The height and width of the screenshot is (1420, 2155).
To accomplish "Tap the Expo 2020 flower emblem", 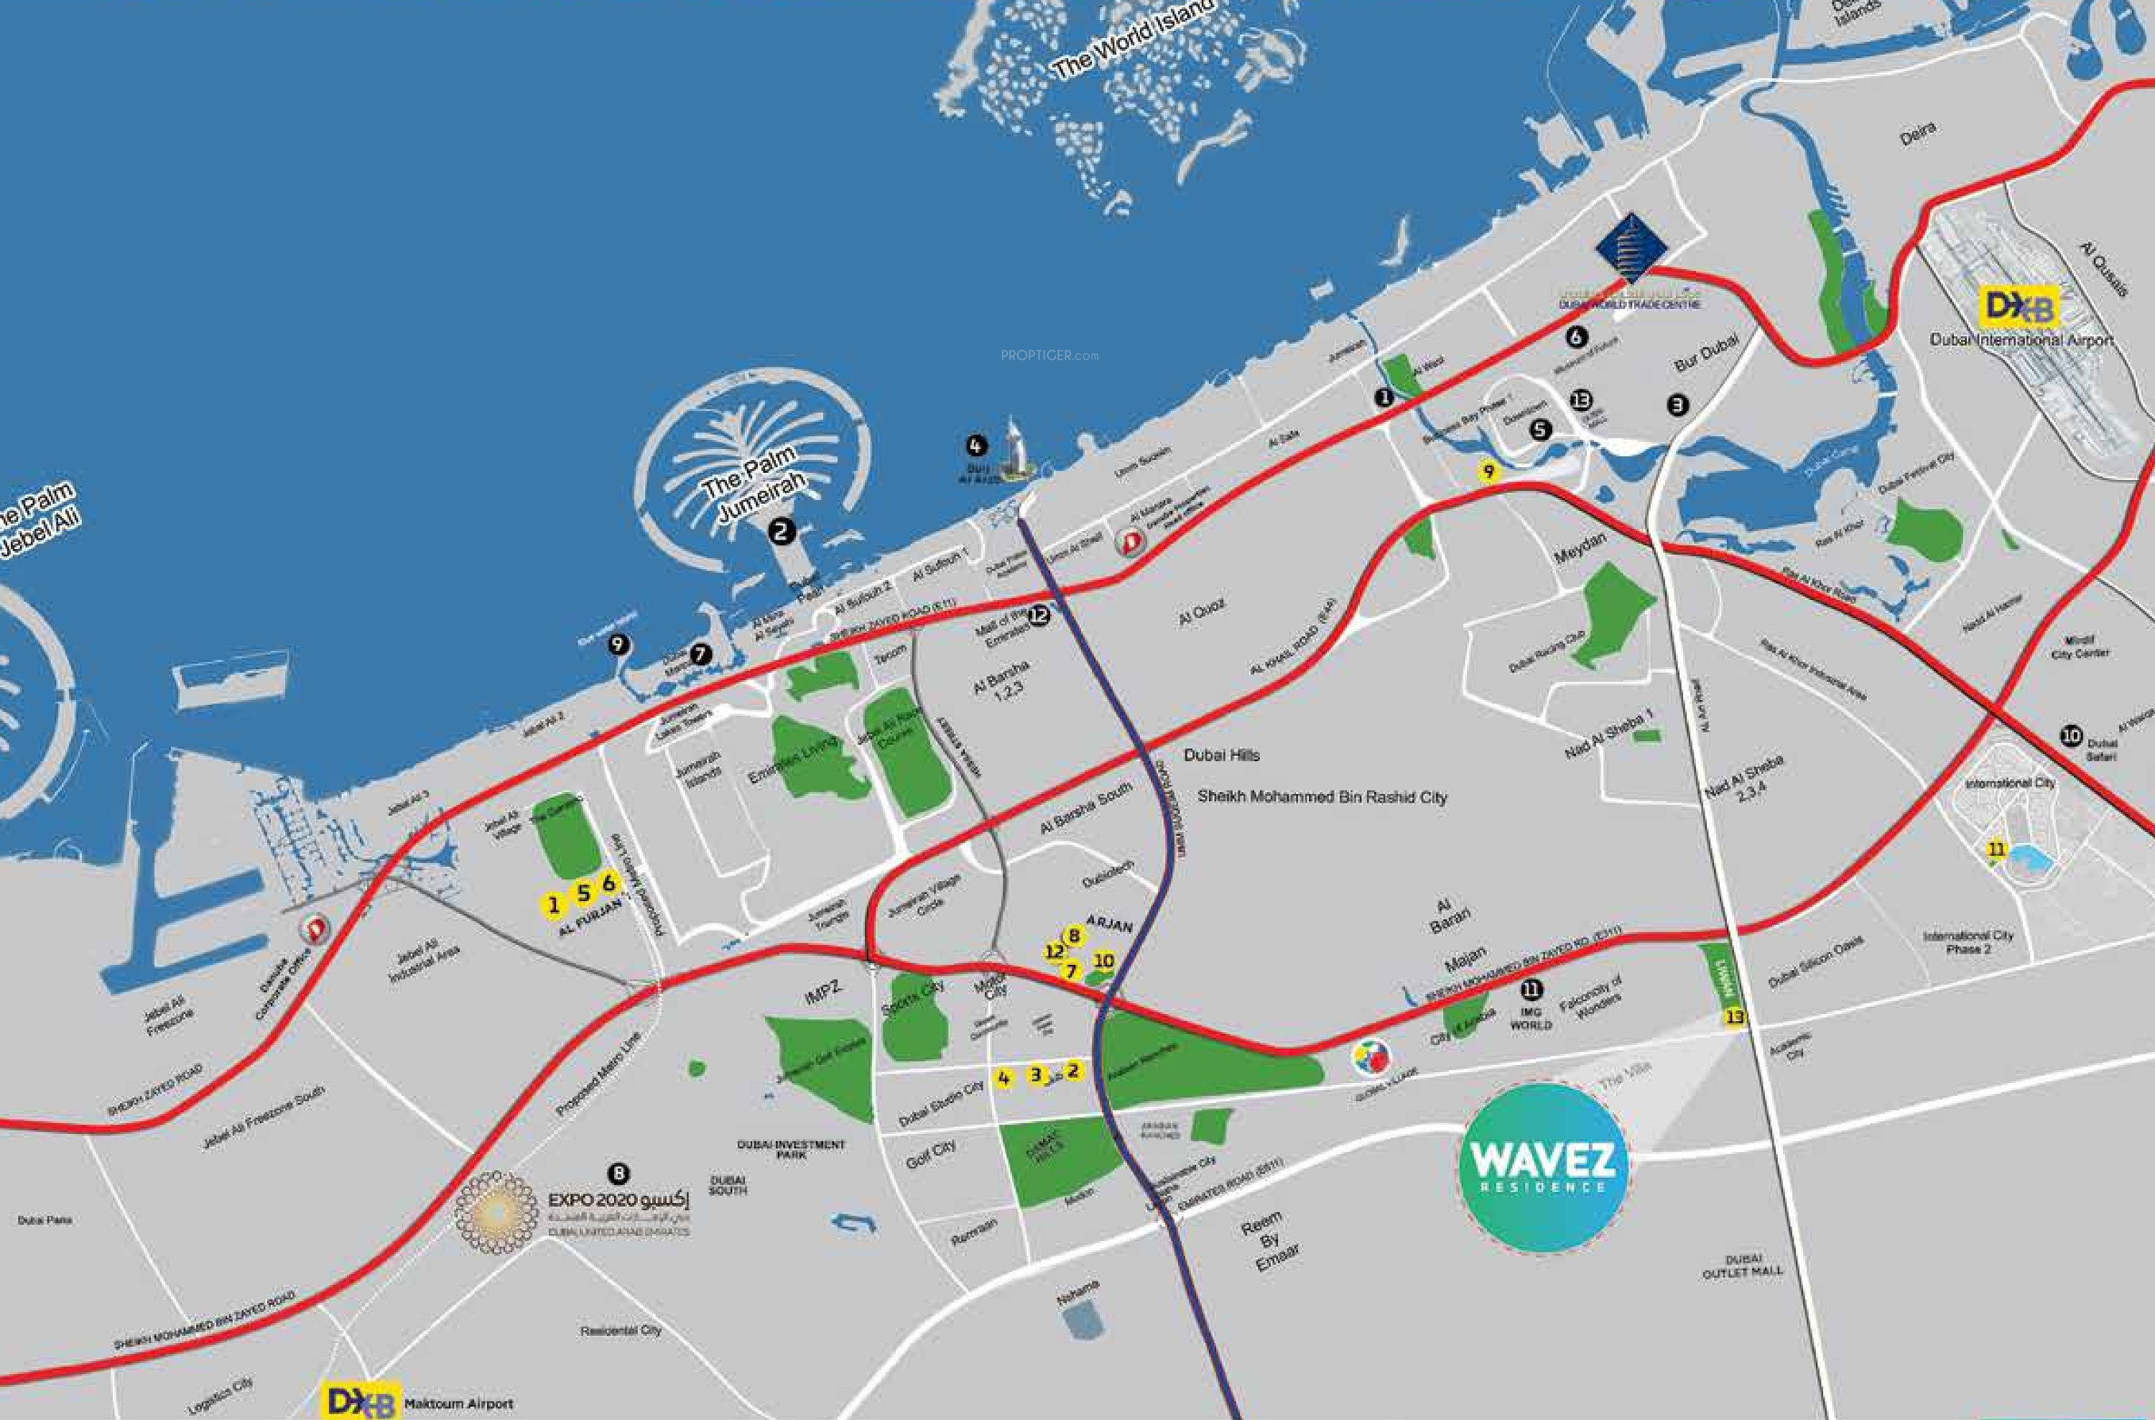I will tap(494, 1212).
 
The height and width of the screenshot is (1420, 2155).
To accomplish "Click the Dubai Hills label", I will tap(1221, 755).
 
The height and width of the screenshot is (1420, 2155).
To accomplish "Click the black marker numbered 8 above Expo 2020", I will tap(618, 1174).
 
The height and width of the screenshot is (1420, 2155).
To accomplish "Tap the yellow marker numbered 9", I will tap(1488, 472).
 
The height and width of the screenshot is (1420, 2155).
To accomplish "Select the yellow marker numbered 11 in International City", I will tap(1996, 849).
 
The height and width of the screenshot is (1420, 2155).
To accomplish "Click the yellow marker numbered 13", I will tap(1734, 1017).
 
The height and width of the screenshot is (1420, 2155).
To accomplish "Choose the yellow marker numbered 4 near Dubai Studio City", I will tap(1004, 1079).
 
